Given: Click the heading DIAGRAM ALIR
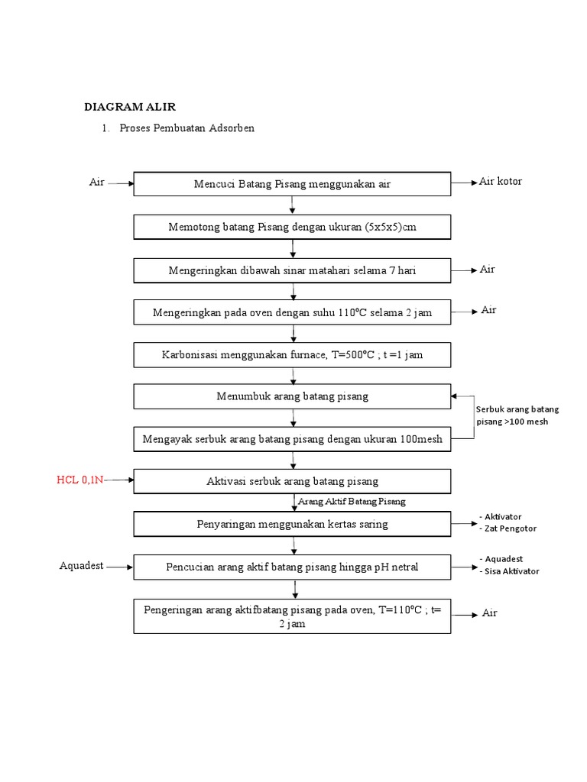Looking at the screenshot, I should coord(129,106).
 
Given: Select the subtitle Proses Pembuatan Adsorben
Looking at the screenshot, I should coord(186,128).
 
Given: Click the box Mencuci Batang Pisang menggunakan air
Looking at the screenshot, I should coord(292,184).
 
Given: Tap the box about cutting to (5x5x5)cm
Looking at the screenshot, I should coord(292,227).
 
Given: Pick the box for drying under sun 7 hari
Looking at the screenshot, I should coord(292,270).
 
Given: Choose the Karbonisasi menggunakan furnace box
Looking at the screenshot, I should coord(292,355).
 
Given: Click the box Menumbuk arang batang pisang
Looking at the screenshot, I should coord(292,396).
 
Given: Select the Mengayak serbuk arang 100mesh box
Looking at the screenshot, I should coord(292,439).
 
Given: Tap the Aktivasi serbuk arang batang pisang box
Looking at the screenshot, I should coord(292,481).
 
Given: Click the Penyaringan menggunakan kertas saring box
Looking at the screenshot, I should coord(292,524).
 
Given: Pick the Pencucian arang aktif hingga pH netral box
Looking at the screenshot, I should coord(292,567).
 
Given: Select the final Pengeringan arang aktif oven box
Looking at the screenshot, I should coord(292,616).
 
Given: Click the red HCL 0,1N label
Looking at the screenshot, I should coord(80,480).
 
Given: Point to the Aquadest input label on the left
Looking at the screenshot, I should coord(81,566).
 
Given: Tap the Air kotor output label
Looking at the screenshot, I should coord(501,182).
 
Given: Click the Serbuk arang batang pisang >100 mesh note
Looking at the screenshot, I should coord(517,415).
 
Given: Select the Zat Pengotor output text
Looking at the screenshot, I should coord(510,528).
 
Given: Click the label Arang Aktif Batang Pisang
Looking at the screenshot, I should coord(352,502).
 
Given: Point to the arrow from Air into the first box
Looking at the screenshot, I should coord(120,183).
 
